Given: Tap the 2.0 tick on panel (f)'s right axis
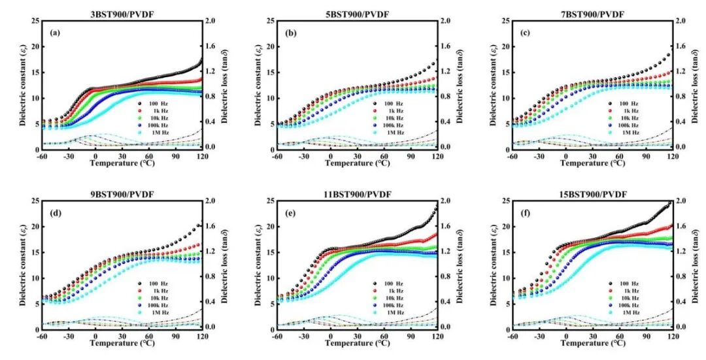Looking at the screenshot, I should click(x=679, y=201).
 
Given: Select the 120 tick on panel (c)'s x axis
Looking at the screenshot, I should click(x=671, y=157).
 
